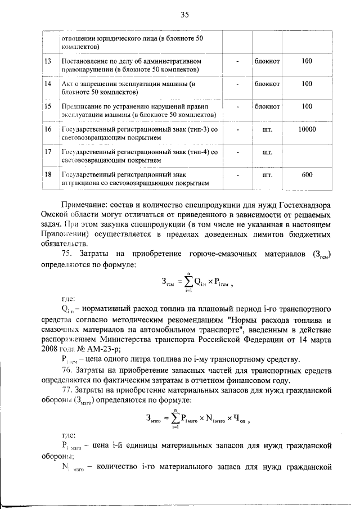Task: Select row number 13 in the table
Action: click(x=48, y=61)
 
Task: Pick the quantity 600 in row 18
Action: click(x=307, y=175)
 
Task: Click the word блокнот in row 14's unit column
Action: click(x=267, y=84)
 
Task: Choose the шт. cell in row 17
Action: click(x=267, y=152)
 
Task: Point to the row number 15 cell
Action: click(x=48, y=106)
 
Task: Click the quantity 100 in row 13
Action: click(x=307, y=61)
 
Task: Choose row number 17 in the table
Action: click(x=48, y=152)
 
